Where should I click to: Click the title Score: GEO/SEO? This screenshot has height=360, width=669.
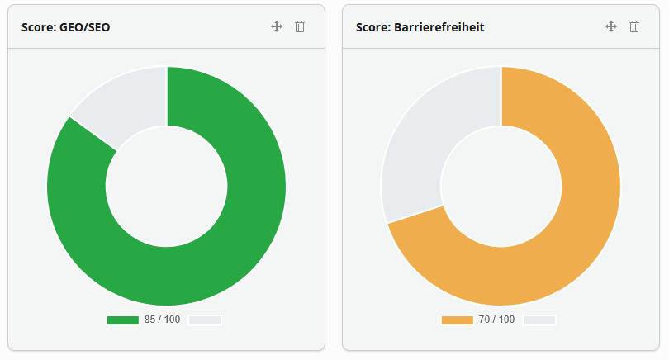(x=66, y=27)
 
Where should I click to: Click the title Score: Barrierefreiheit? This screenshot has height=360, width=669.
(x=420, y=27)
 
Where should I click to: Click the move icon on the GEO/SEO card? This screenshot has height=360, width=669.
(x=277, y=26)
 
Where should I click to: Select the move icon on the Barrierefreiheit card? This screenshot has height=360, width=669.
(x=611, y=26)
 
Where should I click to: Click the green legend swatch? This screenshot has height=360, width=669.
(x=123, y=320)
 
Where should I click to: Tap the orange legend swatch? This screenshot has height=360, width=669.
(x=458, y=320)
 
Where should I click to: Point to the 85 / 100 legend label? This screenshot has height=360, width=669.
(x=162, y=320)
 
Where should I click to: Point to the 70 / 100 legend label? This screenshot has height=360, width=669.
(x=496, y=320)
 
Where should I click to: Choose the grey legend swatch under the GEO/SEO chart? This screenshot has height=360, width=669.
(x=205, y=320)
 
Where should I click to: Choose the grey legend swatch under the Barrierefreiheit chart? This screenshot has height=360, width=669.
(x=539, y=320)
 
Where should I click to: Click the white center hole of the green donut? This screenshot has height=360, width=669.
(x=166, y=187)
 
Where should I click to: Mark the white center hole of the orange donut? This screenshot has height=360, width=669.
(x=501, y=187)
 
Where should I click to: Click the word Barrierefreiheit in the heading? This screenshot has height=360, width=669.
(x=439, y=27)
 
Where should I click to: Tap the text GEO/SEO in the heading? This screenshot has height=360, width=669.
(x=84, y=27)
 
